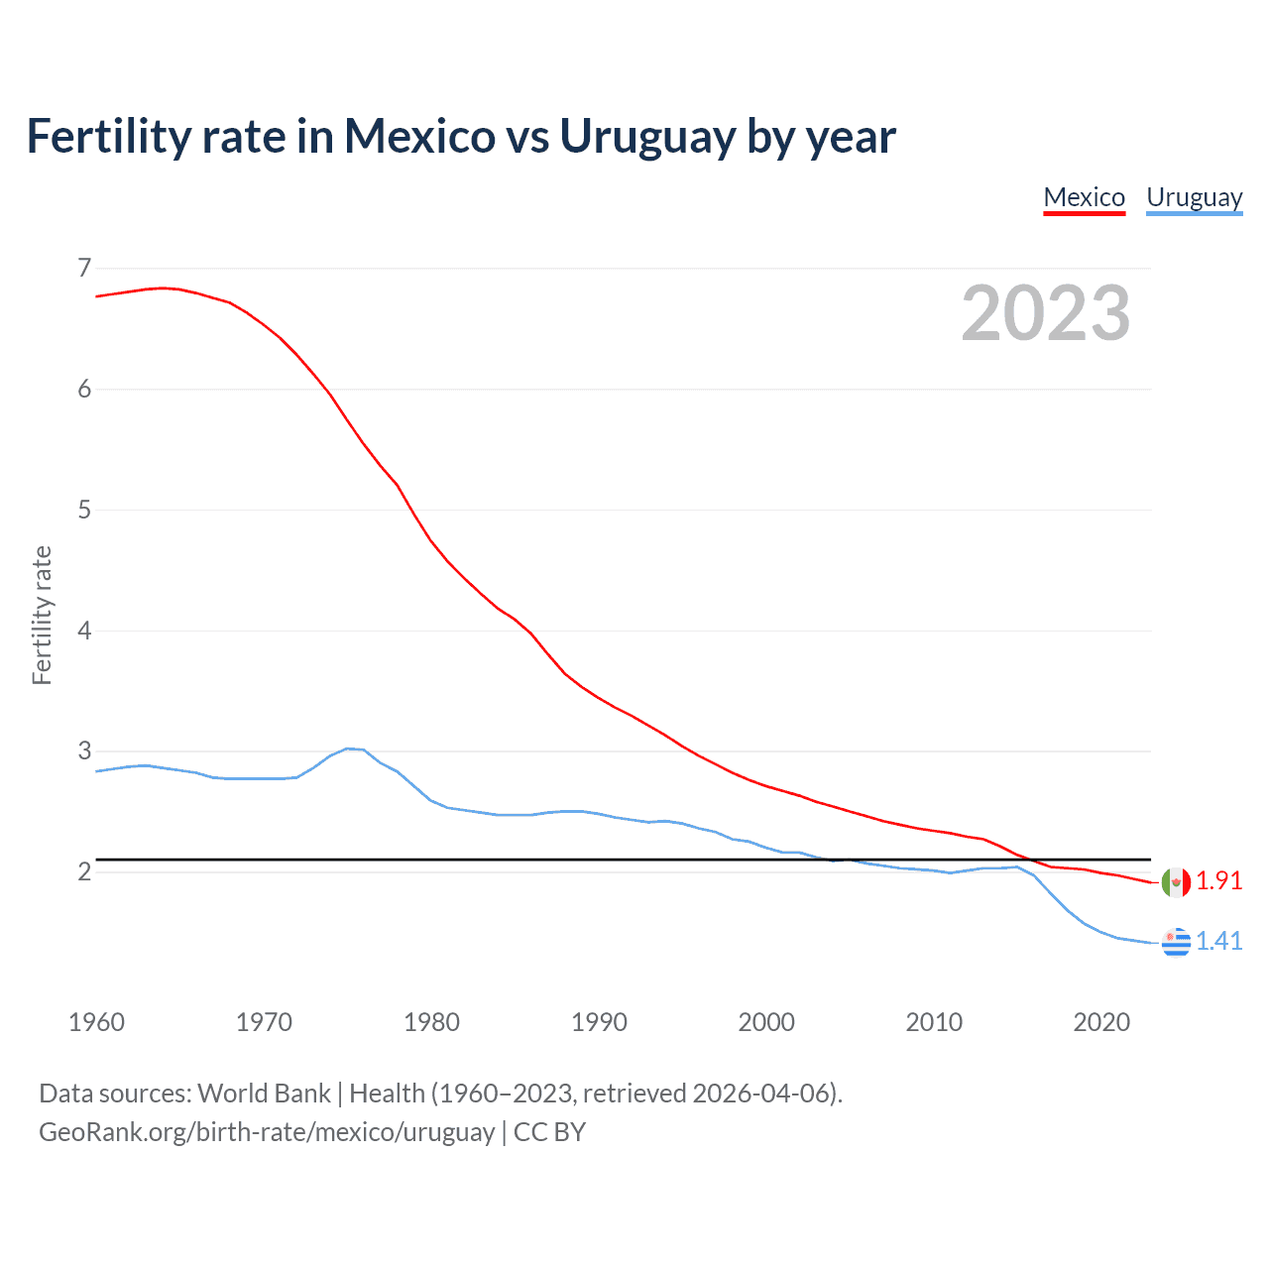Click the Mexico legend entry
pyautogui.click(x=1084, y=197)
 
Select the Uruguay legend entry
pyautogui.click(x=1194, y=197)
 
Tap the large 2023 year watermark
pyautogui.click(x=1045, y=313)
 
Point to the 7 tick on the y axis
pyautogui.click(x=84, y=268)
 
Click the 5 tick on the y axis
pyautogui.click(x=84, y=510)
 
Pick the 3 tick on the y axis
pyautogui.click(x=84, y=750)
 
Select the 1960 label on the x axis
pyautogui.click(x=96, y=1022)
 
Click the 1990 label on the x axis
pyautogui.click(x=599, y=1022)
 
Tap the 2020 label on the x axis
pyautogui.click(x=1101, y=1022)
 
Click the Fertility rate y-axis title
pyautogui.click(x=42, y=615)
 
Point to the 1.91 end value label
pyautogui.click(x=1218, y=880)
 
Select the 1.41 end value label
pyautogui.click(x=1218, y=941)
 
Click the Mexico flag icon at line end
pyautogui.click(x=1176, y=882)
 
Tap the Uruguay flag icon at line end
pyautogui.click(x=1176, y=942)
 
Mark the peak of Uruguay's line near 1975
pyautogui.click(x=348, y=749)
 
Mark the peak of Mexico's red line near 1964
pyautogui.click(x=163, y=288)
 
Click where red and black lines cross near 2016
pyautogui.click(x=1032, y=860)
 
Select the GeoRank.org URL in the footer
pyautogui.click(x=267, y=1131)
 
